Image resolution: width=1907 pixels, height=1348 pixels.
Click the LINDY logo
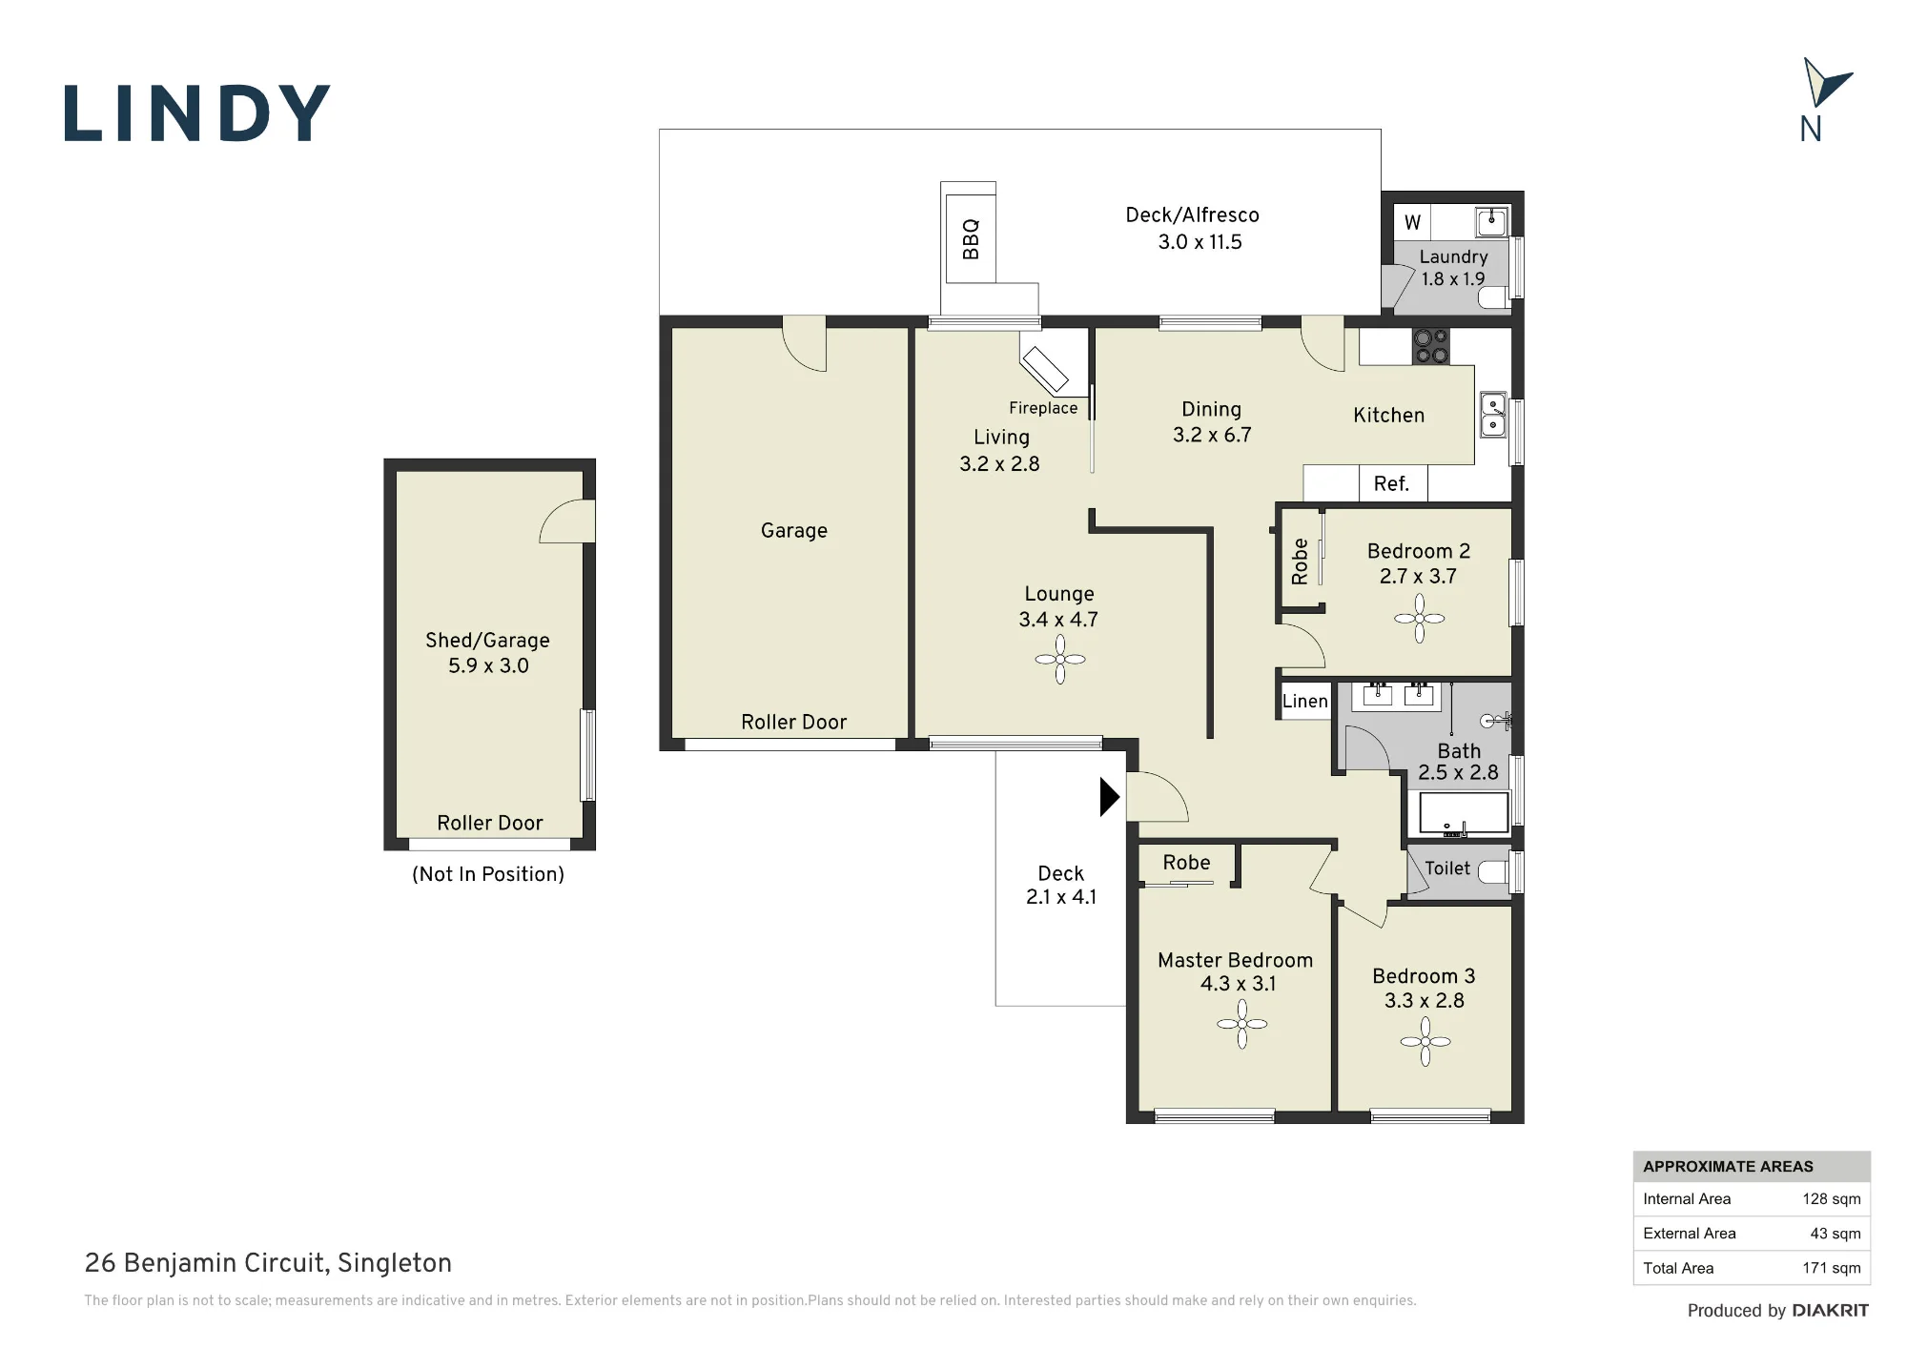[197, 113]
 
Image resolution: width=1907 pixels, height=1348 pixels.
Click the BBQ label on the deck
[971, 239]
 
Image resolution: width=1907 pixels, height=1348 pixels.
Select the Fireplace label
[1043, 408]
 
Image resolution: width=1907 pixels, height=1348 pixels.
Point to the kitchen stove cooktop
[1430, 346]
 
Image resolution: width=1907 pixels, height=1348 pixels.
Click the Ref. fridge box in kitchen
[1392, 483]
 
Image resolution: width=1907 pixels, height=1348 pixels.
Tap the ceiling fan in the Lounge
[1060, 659]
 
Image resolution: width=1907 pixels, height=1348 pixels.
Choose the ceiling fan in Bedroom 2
[1420, 619]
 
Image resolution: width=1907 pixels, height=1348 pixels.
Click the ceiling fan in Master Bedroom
[1242, 1025]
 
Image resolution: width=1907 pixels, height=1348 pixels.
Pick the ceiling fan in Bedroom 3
[1425, 1042]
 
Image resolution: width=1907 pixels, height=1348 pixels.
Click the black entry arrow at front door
[1109, 797]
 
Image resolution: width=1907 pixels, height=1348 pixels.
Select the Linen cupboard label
[1304, 702]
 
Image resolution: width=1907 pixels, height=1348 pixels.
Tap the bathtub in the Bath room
[1464, 813]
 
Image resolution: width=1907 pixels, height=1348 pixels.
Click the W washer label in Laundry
[1412, 222]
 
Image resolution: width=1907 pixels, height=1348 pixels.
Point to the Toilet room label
[1447, 868]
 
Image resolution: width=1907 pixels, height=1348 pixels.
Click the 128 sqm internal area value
[1831, 1199]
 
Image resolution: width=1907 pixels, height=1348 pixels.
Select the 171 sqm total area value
[1831, 1268]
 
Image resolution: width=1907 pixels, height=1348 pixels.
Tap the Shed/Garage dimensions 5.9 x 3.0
[488, 665]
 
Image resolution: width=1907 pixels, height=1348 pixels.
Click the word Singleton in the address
[395, 1263]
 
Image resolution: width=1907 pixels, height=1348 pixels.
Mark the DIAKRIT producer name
[1830, 1311]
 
